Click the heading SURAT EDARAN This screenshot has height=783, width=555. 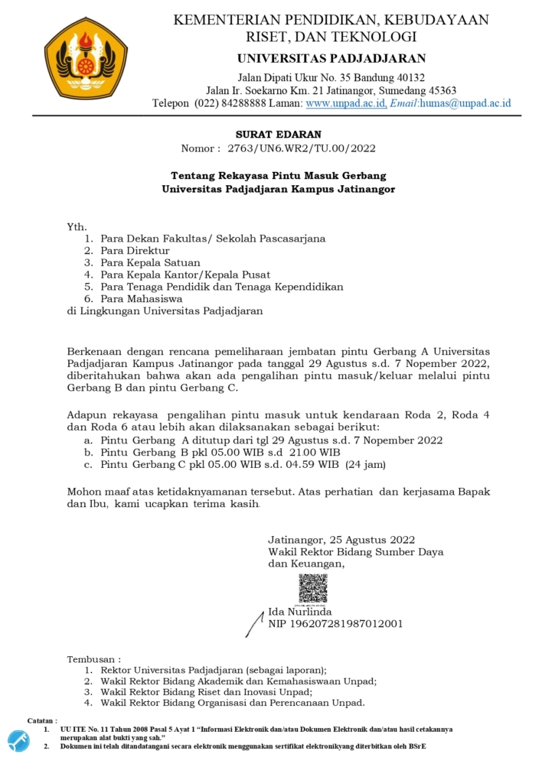coord(278,135)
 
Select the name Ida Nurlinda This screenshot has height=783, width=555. coord(299,612)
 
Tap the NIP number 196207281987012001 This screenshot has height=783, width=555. coord(335,624)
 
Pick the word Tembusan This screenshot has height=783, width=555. coord(93,658)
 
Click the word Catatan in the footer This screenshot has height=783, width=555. coord(43,720)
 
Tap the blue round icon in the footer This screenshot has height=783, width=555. coord(18,740)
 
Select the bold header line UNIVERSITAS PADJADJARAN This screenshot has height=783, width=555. coord(331,58)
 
